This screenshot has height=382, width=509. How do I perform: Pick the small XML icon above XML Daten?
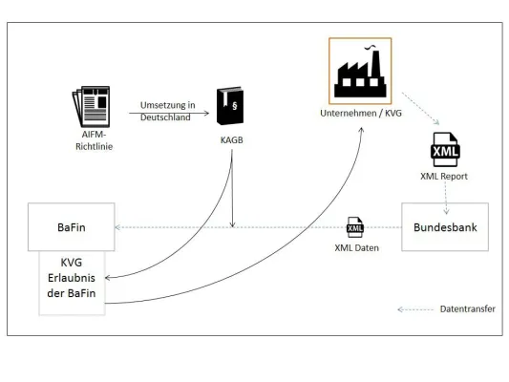(x=355, y=227)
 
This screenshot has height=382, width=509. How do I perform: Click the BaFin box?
(x=72, y=227)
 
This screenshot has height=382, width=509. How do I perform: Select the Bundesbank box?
(x=444, y=227)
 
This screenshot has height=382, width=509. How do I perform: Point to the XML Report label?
(x=444, y=177)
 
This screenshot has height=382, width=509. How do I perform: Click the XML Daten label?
(x=355, y=247)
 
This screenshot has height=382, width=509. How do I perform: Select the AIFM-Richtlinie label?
(x=93, y=139)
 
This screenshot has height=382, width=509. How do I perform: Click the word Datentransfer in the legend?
(x=467, y=309)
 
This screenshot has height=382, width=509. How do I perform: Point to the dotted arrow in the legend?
(x=414, y=309)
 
